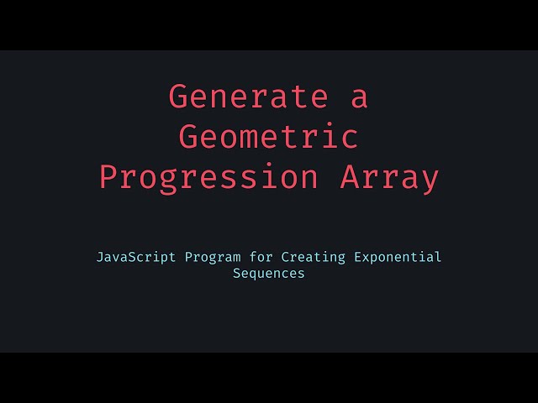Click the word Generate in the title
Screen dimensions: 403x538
point(248,97)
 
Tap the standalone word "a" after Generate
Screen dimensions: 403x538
point(359,97)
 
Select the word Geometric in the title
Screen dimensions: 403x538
point(269,137)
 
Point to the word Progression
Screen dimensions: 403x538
point(208,177)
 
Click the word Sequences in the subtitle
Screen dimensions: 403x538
point(269,274)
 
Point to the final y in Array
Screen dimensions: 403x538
point(430,180)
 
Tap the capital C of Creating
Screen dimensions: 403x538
point(285,257)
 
